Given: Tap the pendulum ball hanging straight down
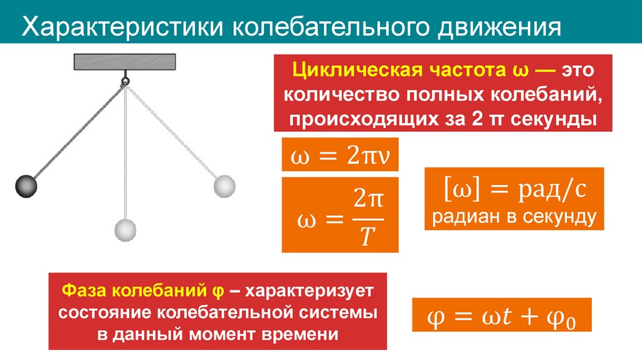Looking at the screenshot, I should (125, 230).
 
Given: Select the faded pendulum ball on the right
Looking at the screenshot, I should (224, 186).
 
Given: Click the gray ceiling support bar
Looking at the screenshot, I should (125, 62).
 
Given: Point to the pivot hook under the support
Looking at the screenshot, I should (125, 80).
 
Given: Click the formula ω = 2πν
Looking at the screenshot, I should (340, 155).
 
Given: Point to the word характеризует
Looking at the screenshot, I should (310, 291).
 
